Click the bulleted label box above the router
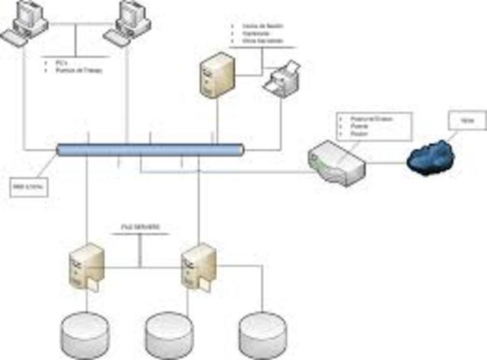(373, 126)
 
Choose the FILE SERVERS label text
(141, 228)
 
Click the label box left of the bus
(26, 185)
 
